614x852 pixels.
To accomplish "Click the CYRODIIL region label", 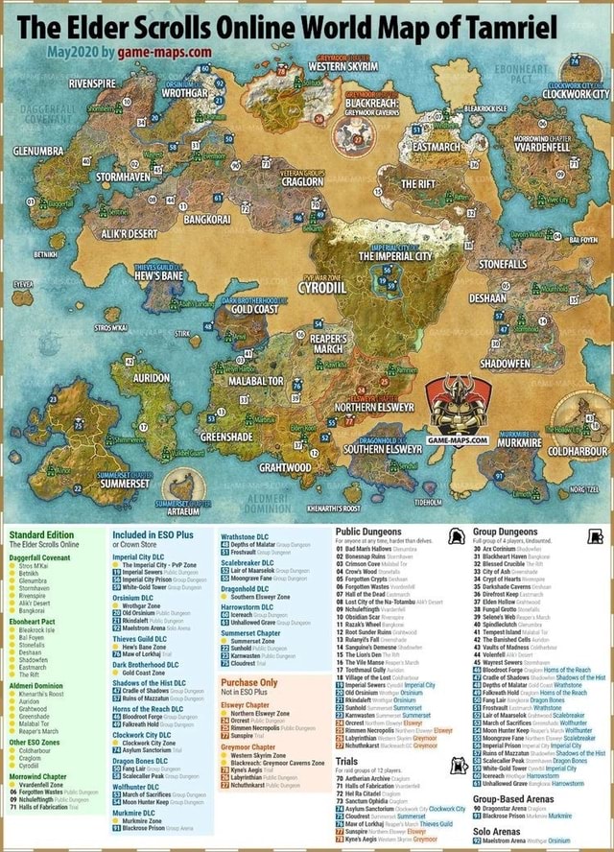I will click(x=320, y=286).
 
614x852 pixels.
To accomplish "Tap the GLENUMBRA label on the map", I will click(x=38, y=151).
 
